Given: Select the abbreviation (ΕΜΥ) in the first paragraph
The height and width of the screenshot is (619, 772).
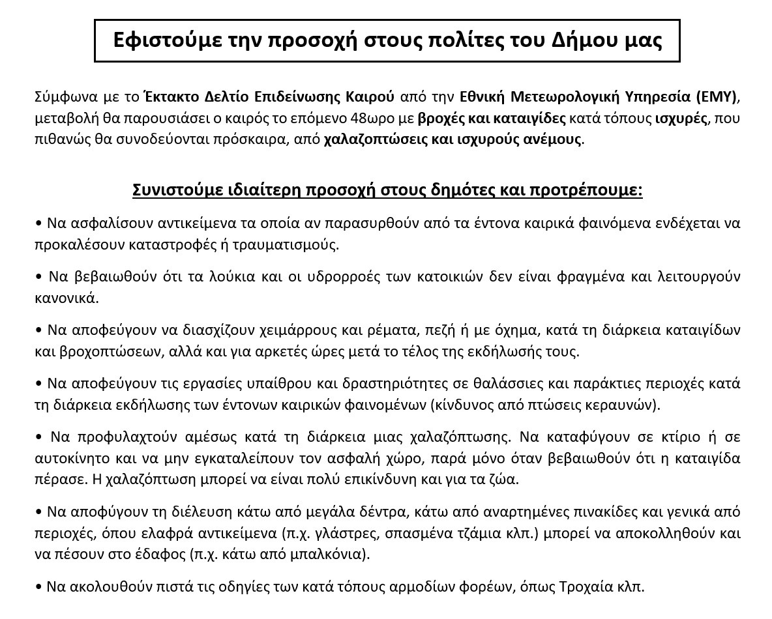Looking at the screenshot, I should tap(717, 97).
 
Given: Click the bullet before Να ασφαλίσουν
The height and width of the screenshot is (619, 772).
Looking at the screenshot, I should tap(38, 223).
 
